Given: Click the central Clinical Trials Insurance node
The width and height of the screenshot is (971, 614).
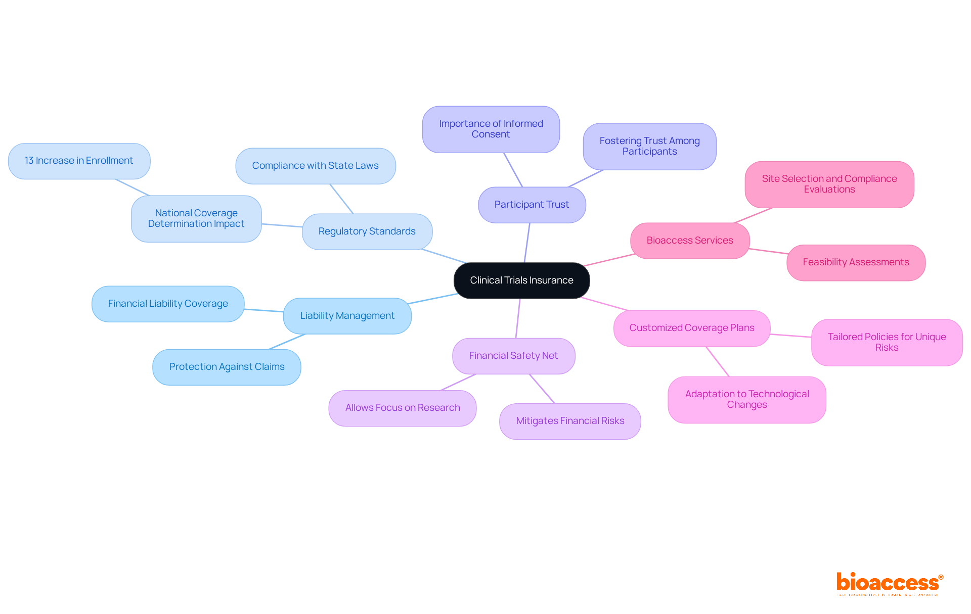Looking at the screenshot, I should (x=521, y=280).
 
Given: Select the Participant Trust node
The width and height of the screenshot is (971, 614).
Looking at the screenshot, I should (x=532, y=205).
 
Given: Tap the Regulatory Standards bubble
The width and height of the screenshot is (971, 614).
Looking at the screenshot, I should (x=367, y=231).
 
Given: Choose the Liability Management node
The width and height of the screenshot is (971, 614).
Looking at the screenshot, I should (x=347, y=316).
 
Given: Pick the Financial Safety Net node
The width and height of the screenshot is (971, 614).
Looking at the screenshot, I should (x=513, y=356).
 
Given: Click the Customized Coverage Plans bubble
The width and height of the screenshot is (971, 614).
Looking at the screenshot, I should (x=691, y=328).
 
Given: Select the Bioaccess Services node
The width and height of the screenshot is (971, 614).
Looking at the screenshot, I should (x=689, y=241).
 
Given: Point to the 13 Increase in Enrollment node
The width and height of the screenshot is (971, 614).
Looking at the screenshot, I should (x=79, y=161).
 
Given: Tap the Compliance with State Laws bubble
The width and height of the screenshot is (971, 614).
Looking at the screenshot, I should (x=315, y=166).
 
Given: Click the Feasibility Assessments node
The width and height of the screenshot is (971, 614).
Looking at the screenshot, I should (x=856, y=262).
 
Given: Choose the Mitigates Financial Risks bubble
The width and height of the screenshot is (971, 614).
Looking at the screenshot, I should (x=570, y=421).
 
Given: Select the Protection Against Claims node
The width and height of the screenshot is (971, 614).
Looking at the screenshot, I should (x=227, y=367).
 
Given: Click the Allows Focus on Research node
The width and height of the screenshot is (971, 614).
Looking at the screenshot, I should (x=403, y=408).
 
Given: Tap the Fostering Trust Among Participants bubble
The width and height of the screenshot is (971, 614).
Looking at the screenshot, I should (x=649, y=146).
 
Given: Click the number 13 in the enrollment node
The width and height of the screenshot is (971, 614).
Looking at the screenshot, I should (x=29, y=161).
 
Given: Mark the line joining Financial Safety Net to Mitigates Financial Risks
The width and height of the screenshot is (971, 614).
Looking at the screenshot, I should (x=542, y=389).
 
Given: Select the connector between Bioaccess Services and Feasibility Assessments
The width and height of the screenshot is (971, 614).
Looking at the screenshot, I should (x=768, y=251).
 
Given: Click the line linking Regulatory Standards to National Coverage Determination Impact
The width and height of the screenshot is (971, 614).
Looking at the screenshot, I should (x=282, y=225).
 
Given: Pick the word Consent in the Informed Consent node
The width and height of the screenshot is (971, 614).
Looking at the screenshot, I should (x=491, y=134).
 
